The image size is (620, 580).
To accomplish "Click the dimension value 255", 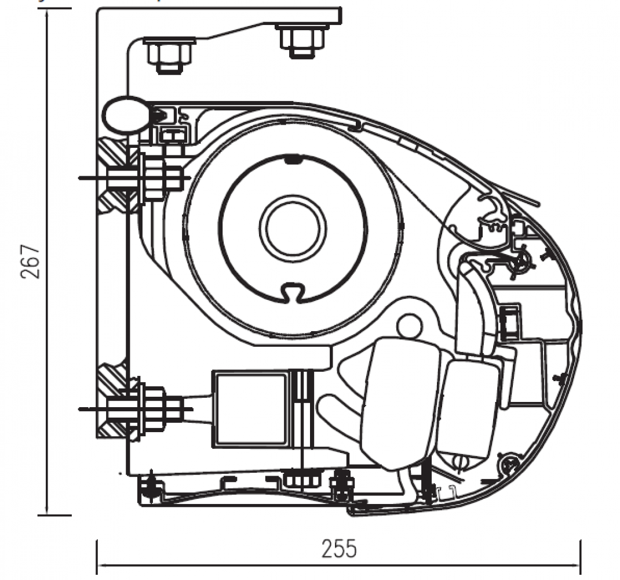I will [x=339, y=548].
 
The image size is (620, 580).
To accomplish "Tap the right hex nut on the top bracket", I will [x=300, y=41].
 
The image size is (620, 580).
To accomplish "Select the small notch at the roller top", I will [x=293, y=159].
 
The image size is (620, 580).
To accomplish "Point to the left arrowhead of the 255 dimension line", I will [x=99, y=564].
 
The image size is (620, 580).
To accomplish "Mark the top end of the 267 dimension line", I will [x=46, y=10].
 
